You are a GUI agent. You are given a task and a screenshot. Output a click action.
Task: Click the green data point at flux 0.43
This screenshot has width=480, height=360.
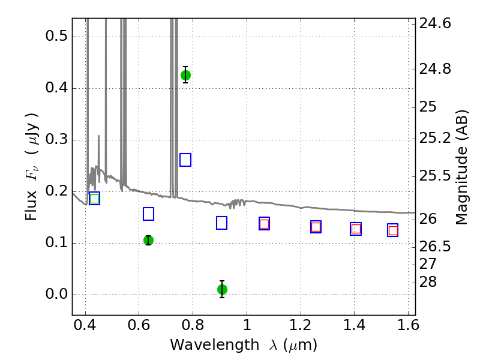[185, 75]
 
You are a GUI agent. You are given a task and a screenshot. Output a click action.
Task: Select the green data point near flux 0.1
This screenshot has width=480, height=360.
[148, 241]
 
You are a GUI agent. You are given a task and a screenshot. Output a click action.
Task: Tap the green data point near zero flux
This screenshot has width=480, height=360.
[222, 289]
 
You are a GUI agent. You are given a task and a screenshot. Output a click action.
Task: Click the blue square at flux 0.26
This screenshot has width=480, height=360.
[185, 160]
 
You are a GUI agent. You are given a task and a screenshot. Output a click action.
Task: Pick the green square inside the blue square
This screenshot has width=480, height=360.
[95, 199]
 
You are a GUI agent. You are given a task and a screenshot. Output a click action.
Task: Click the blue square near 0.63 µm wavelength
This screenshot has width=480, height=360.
[148, 214]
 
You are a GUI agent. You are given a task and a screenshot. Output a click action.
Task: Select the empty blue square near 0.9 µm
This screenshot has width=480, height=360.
[221, 223]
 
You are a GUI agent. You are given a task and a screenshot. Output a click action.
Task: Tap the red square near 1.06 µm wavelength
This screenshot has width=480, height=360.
[264, 224]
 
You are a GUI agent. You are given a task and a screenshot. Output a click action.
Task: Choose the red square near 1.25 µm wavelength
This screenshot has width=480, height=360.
[316, 227]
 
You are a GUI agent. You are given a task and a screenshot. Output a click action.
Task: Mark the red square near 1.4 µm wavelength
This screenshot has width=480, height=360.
[356, 229]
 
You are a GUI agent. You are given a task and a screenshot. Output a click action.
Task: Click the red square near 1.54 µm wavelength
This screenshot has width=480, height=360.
[393, 230]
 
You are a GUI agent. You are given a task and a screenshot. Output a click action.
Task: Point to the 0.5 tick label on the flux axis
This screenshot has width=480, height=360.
[56, 36]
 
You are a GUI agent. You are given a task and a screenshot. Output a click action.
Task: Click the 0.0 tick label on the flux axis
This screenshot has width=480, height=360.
[56, 294]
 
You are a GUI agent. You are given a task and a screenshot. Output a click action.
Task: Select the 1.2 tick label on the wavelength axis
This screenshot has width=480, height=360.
[301, 325]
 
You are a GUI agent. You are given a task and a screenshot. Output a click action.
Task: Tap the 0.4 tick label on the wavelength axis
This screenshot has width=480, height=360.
[85, 325]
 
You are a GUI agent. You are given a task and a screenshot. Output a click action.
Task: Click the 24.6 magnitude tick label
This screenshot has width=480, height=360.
[435, 23]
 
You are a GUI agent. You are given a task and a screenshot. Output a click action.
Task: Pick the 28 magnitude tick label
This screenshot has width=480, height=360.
[428, 282]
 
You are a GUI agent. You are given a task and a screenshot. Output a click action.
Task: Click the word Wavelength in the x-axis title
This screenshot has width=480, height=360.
[215, 345]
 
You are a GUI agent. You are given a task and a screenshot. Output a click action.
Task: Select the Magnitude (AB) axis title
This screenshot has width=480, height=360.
[461, 167]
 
